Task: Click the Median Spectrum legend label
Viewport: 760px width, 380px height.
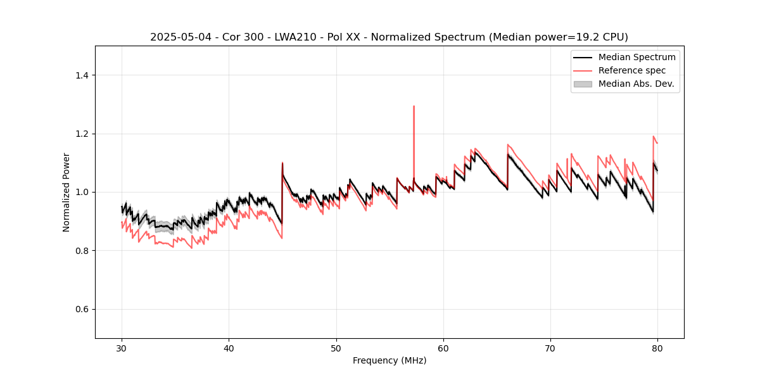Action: tap(636, 57)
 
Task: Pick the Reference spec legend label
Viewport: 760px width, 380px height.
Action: tap(632, 70)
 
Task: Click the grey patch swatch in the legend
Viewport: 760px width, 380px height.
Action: tap(582, 84)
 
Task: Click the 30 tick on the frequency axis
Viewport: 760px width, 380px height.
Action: tap(122, 348)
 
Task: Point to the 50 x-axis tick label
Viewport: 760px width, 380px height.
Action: tap(336, 348)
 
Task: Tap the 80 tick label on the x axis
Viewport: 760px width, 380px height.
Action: tap(657, 348)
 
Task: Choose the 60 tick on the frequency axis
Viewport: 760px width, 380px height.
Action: tap(443, 348)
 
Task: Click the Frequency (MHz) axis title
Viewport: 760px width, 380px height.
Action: tap(389, 360)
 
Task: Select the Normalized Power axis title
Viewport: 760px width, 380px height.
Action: tap(66, 192)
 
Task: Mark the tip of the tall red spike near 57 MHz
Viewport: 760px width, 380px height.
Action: tap(414, 106)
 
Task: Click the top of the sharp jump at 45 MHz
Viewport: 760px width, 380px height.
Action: tap(282, 163)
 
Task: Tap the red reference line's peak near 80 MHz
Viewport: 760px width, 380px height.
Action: tap(654, 136)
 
